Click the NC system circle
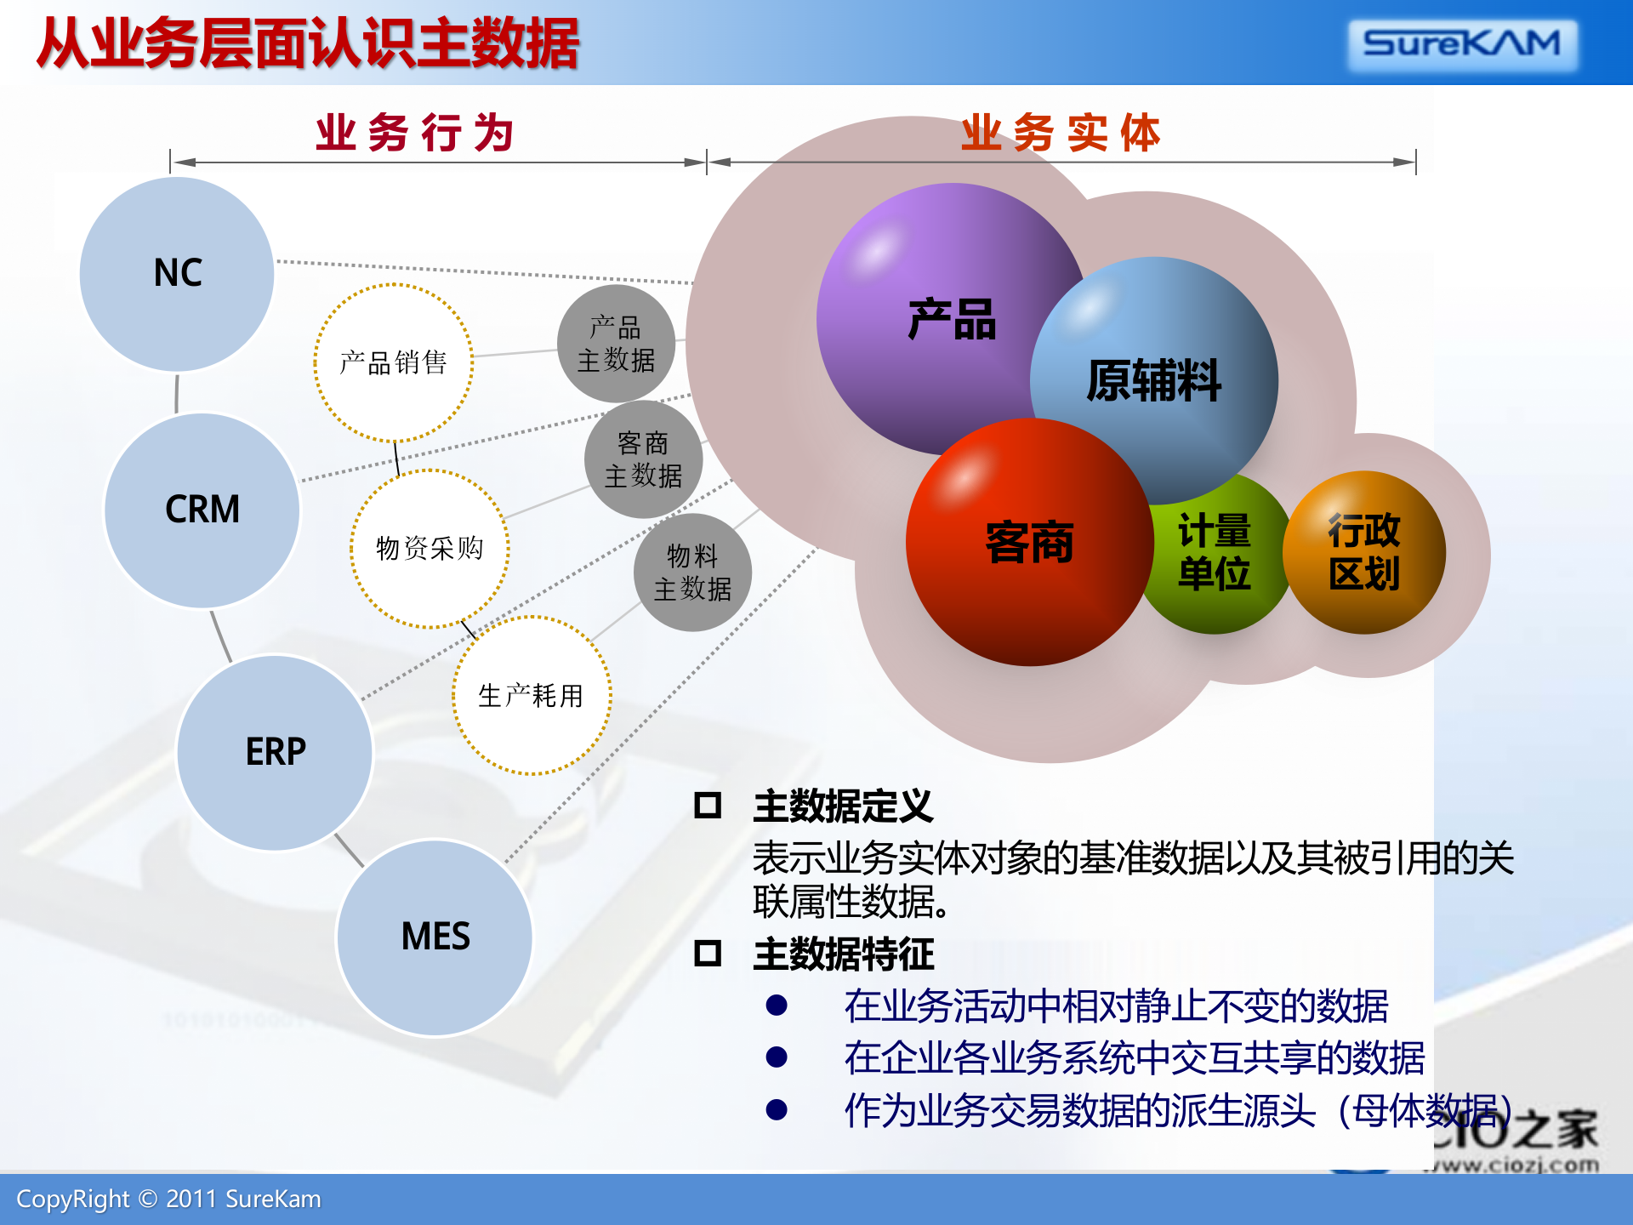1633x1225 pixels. click(x=177, y=274)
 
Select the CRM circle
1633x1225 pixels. click(x=202, y=510)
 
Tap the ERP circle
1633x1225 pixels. click(x=275, y=752)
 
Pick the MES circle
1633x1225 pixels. click(x=435, y=937)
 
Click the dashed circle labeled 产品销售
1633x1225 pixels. click(x=393, y=363)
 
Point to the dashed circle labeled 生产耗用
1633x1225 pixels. click(x=531, y=696)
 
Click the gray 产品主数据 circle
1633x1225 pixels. click(x=616, y=344)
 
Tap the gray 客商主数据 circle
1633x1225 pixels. click(x=643, y=459)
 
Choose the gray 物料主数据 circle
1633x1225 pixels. click(x=692, y=573)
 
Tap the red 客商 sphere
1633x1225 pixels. click(x=1029, y=543)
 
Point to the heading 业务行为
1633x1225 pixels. click(x=414, y=134)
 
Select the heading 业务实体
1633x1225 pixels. click(x=1061, y=134)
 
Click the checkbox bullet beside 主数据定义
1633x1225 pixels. click(x=708, y=805)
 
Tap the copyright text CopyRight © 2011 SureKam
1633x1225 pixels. click(x=168, y=1199)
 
